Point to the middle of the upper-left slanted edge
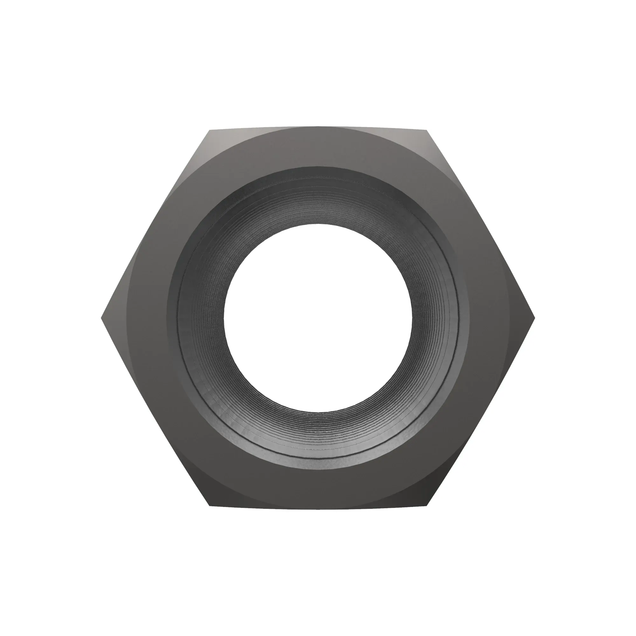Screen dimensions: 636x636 click(155, 225)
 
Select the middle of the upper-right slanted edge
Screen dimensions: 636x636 click(481, 225)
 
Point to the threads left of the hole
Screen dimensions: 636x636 click(201, 318)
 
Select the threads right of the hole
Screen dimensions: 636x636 click(434, 318)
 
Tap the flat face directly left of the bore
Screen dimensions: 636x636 click(145, 318)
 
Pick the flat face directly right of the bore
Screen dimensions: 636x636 click(490, 318)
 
